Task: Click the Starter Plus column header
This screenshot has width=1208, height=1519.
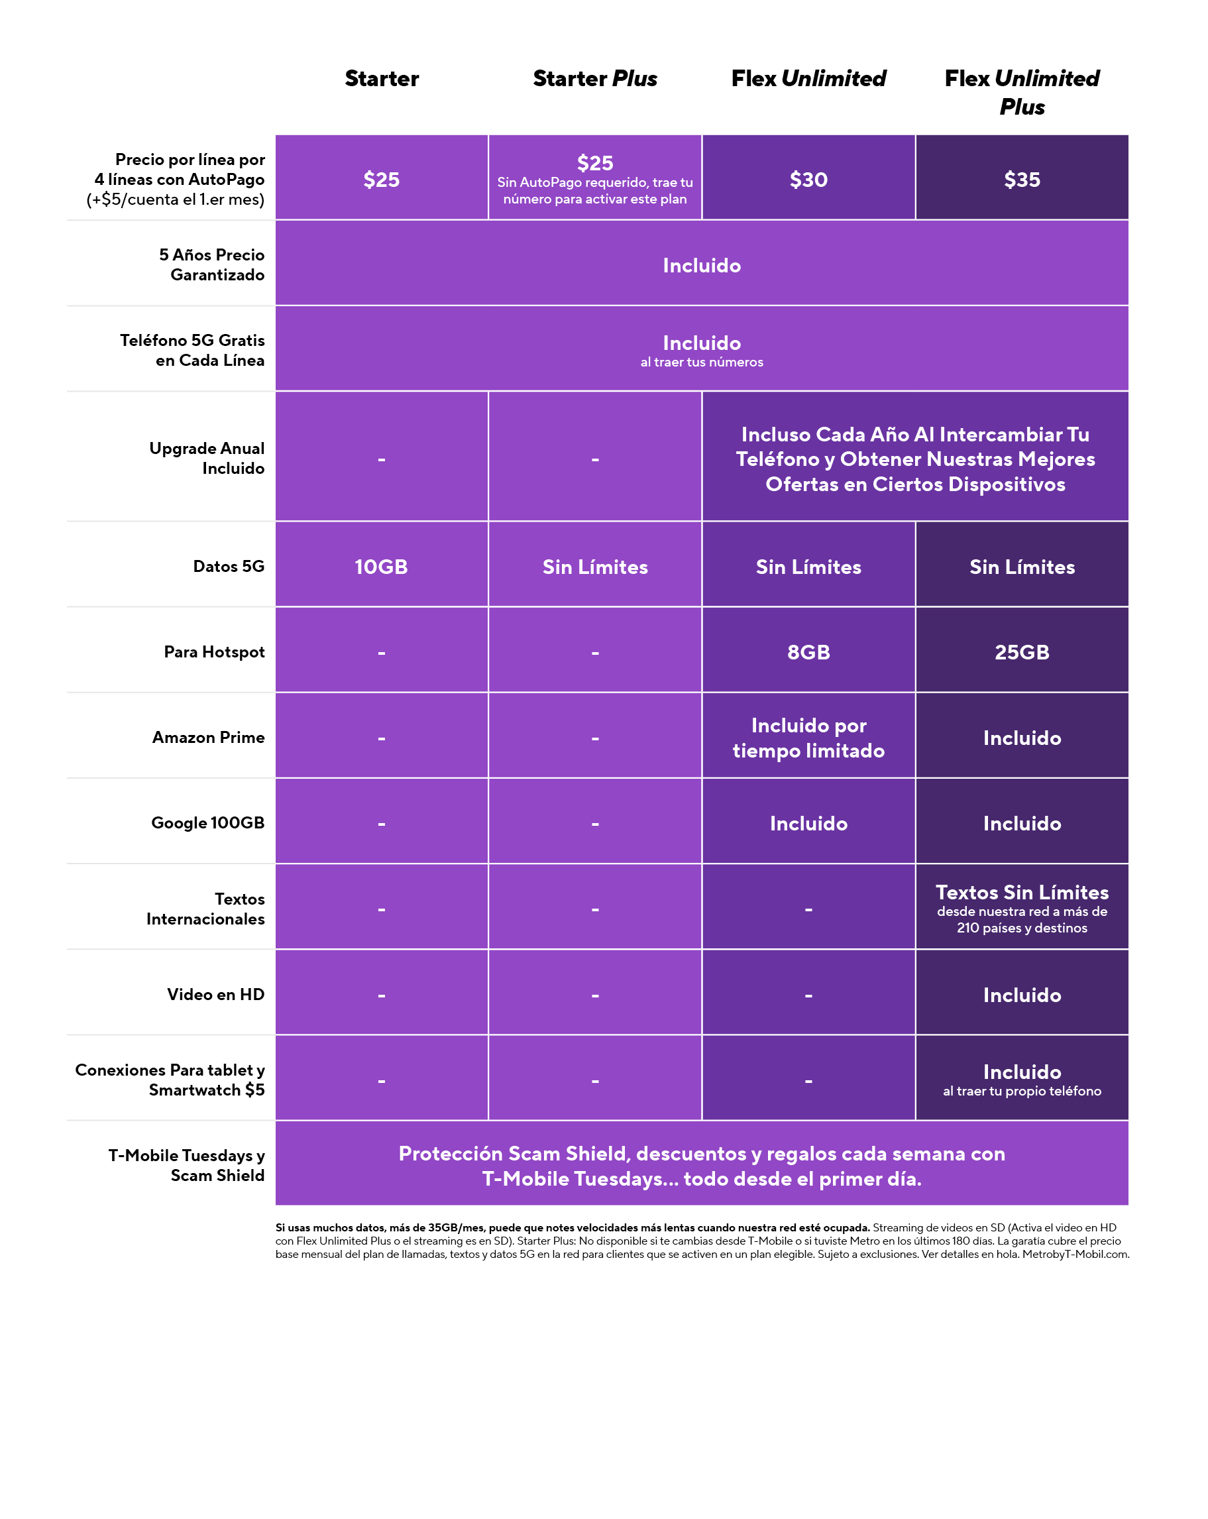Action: tap(594, 78)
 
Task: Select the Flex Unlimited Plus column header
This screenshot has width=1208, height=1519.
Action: tap(1021, 91)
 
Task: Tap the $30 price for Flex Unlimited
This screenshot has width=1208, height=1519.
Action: tap(808, 180)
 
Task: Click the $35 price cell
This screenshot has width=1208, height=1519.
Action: tap(1021, 180)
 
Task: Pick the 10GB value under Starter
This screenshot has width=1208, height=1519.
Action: tap(381, 567)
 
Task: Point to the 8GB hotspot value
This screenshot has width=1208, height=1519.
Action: tap(808, 651)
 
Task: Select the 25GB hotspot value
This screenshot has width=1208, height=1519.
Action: tap(1021, 651)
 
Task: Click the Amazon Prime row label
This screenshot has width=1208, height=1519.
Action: tap(209, 737)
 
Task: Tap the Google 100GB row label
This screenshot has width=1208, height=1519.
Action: tap(208, 822)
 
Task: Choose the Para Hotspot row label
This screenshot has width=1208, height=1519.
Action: tap(214, 651)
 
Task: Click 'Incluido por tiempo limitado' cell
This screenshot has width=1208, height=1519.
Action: tap(808, 738)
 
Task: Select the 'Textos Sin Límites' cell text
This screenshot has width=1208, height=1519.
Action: tap(1021, 892)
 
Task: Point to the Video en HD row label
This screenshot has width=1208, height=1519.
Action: tap(215, 994)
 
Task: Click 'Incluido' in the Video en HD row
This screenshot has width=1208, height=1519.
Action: tap(1021, 995)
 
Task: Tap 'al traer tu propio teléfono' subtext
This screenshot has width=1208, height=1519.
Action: tap(1021, 1091)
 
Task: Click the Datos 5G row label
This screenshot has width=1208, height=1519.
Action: tap(228, 566)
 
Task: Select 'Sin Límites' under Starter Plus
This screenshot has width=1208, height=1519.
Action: tap(594, 567)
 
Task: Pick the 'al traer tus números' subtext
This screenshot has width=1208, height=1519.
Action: tap(702, 362)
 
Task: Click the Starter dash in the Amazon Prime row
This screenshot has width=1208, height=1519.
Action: tap(381, 738)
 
